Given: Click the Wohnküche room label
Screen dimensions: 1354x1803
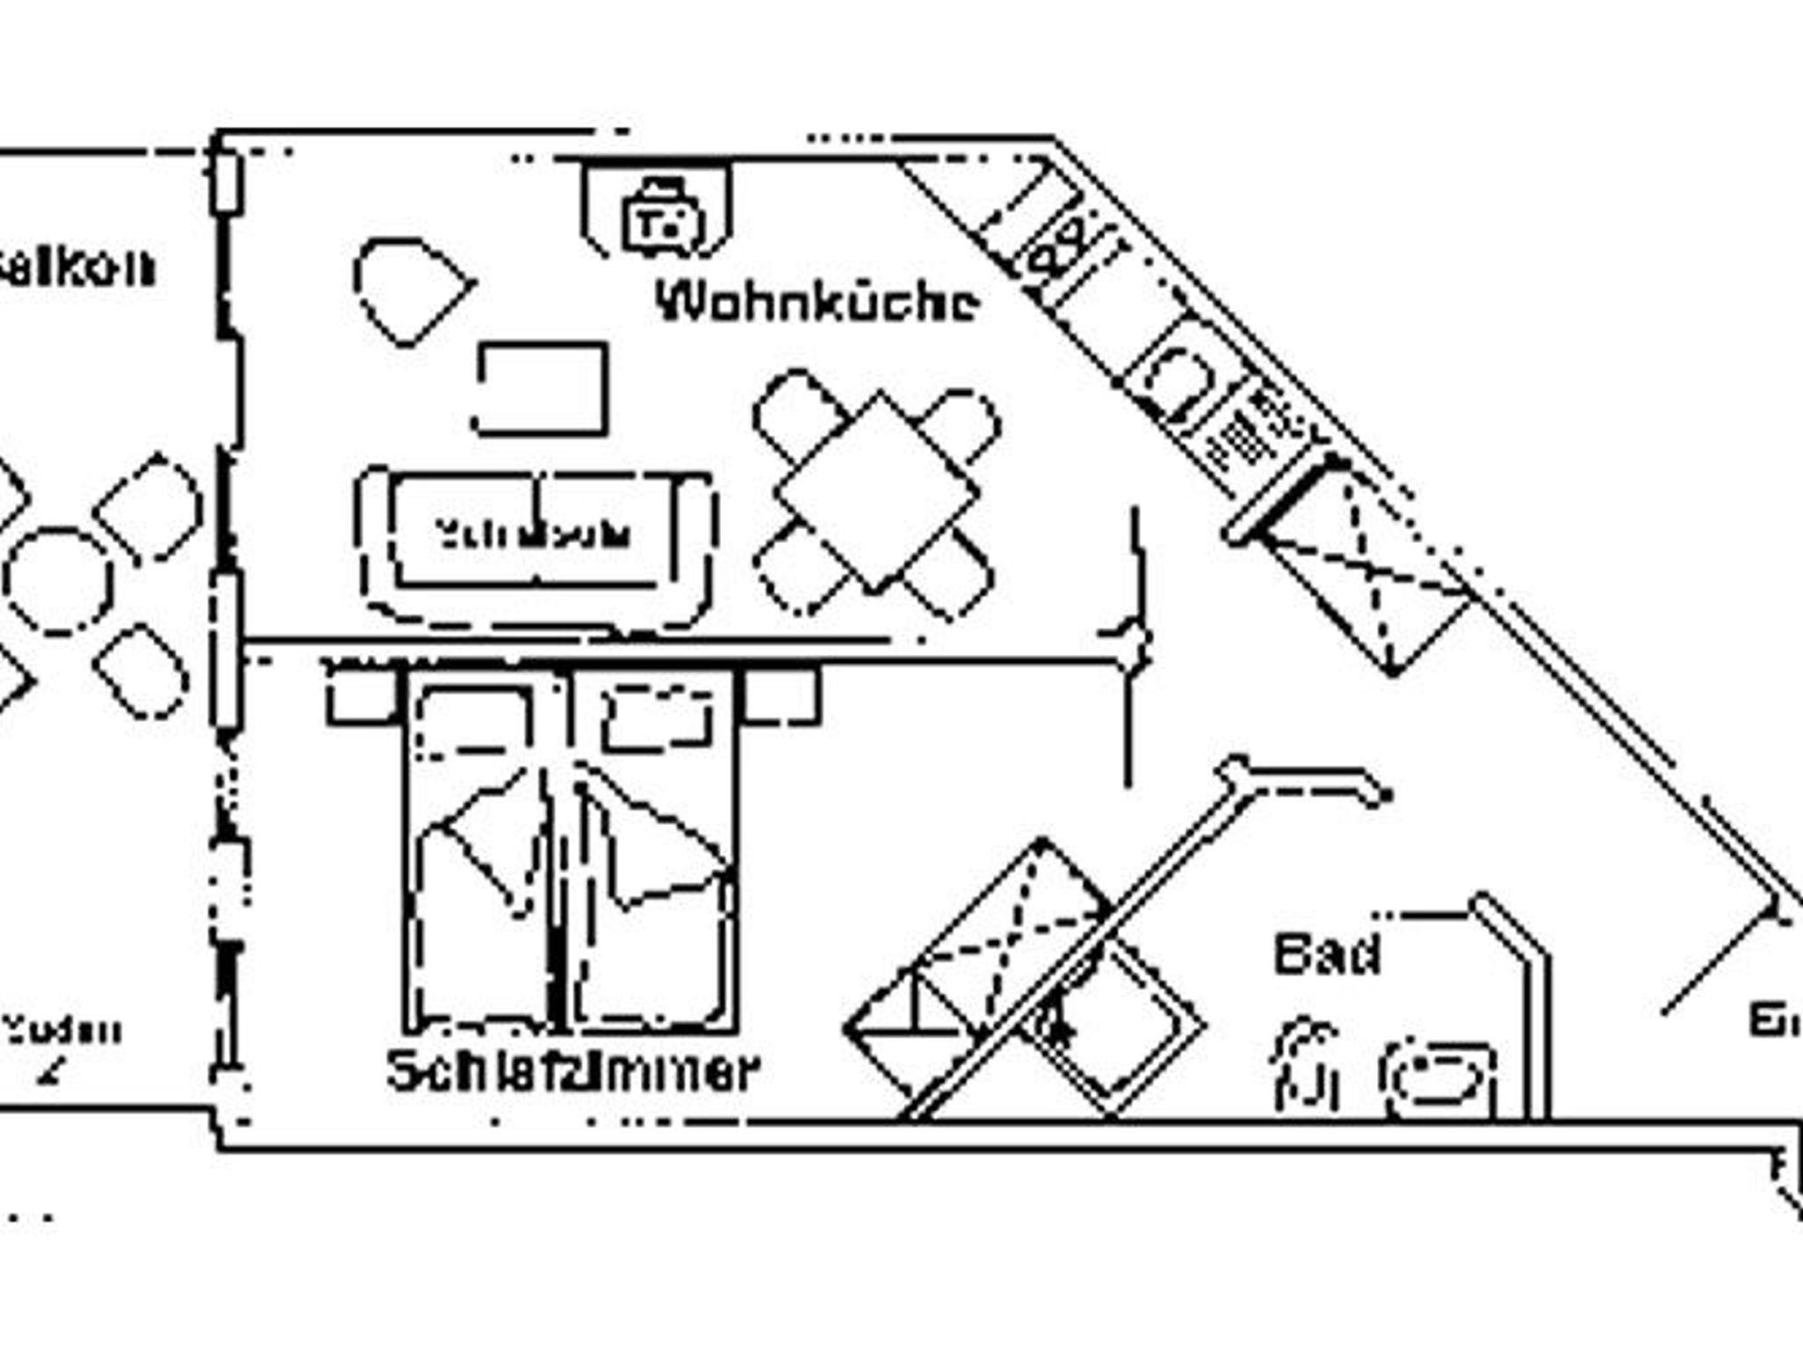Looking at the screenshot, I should coord(817,302).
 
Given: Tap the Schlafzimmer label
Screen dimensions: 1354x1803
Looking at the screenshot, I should coord(572,1071).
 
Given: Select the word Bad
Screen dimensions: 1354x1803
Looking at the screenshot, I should coord(1327,954).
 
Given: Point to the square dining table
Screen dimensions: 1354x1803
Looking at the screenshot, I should coord(877,492).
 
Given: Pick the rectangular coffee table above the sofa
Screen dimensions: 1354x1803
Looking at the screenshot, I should coord(542,388).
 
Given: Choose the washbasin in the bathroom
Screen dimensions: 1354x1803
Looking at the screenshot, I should coord(1439,1079).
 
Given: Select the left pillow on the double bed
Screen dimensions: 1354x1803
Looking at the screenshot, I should coord(475,722).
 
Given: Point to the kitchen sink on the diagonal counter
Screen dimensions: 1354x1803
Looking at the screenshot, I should coord(1176,382).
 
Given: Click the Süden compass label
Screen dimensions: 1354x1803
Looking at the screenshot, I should coord(62,1030).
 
